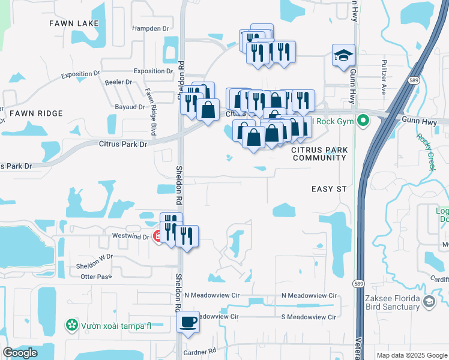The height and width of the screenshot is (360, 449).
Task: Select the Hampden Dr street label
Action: [x=150, y=28]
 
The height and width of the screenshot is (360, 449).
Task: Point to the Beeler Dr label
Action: [x=118, y=82]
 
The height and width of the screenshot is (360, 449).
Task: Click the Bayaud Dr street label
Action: [x=130, y=107]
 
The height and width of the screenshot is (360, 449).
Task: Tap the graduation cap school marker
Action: [x=343, y=56]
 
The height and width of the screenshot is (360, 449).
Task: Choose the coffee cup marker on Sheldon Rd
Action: [x=188, y=322]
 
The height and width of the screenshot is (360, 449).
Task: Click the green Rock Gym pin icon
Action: [x=363, y=121]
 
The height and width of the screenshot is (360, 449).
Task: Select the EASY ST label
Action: [x=329, y=189]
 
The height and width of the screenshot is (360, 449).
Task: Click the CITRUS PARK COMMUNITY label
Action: [x=319, y=153]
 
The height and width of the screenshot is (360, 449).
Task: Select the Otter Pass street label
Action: [x=96, y=277]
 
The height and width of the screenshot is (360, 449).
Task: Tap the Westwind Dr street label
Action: [x=130, y=236]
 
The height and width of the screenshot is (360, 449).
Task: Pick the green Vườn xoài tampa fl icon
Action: [x=72, y=325]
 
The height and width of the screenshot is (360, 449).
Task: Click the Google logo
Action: [x=20, y=353]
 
